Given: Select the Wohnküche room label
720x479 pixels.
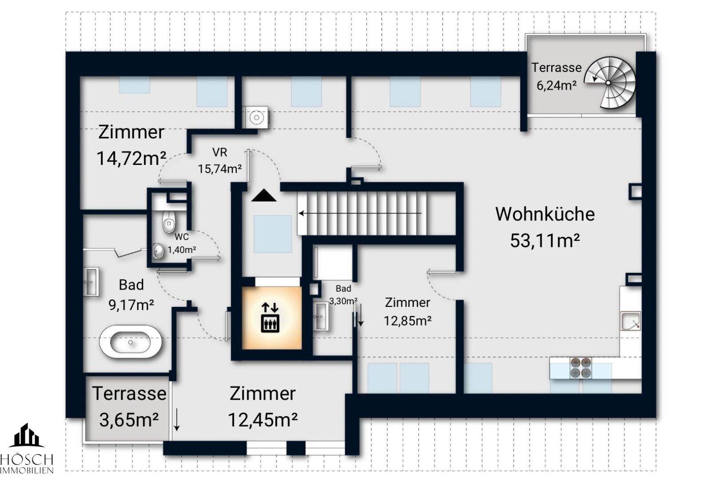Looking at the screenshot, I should click(545, 214).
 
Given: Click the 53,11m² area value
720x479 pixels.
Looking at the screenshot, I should click(545, 241).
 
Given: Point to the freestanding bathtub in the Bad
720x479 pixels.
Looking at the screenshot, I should click(130, 342).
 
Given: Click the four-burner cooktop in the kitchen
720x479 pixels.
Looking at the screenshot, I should click(581, 368).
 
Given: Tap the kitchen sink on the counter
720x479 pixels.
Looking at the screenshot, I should click(630, 321).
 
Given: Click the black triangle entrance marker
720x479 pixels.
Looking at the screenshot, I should click(264, 196).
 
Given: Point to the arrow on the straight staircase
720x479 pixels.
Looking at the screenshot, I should click(360, 213).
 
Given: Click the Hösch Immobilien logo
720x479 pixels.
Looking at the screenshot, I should click(27, 448).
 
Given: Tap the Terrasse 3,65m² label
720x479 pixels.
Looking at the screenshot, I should click(129, 406).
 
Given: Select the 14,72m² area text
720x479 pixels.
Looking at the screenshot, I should click(131, 158).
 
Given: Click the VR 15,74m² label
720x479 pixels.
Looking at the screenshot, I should click(219, 161).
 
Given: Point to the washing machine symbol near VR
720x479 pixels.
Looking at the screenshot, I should click(256, 118).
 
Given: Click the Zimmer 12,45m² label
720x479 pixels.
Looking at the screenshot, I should click(263, 406).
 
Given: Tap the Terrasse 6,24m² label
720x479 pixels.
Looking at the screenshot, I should click(556, 76).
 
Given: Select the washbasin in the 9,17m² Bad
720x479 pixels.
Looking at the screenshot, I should click(91, 281).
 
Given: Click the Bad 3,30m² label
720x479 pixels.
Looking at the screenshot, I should click(343, 294).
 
